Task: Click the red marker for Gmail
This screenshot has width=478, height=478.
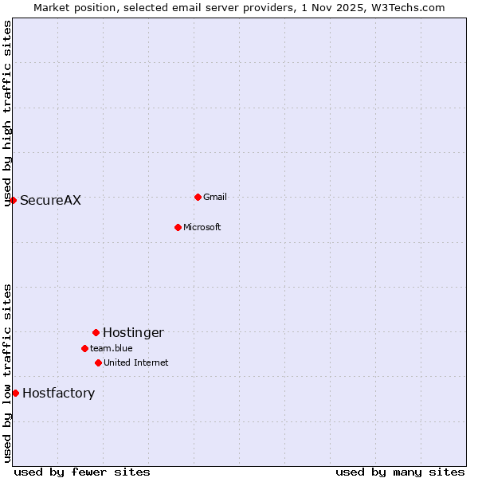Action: pyautogui.click(x=198, y=197)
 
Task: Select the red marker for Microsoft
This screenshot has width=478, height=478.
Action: pyautogui.click(x=178, y=227)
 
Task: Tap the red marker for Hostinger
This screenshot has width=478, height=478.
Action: pyautogui.click(x=96, y=332)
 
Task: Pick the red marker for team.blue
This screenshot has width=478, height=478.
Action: pyautogui.click(x=84, y=348)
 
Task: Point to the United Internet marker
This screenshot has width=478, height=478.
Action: pyautogui.click(x=98, y=362)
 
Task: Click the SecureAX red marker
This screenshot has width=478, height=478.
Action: pyautogui.click(x=13, y=200)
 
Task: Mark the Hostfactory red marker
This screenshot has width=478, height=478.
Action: pyautogui.click(x=15, y=393)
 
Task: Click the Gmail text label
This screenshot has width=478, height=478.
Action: pyautogui.click(x=215, y=198)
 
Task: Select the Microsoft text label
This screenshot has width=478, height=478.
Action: pyautogui.click(x=202, y=228)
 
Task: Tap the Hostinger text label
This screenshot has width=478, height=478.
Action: pyautogui.click(x=133, y=333)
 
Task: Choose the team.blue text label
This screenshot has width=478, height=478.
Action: pyautogui.click(x=112, y=349)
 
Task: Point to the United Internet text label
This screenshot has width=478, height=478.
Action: pyautogui.click(x=135, y=363)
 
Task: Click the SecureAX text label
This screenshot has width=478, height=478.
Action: pyautogui.click(x=50, y=201)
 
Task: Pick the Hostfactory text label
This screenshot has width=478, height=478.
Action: pyautogui.click(x=58, y=394)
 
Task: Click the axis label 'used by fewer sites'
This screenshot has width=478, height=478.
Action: pyautogui.click(x=82, y=472)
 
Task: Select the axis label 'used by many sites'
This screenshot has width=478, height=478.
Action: pyautogui.click(x=400, y=472)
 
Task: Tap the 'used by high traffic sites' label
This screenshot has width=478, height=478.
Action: pyautogui.click(x=7, y=113)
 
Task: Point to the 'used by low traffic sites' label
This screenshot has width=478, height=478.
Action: pyautogui.click(x=7, y=373)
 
